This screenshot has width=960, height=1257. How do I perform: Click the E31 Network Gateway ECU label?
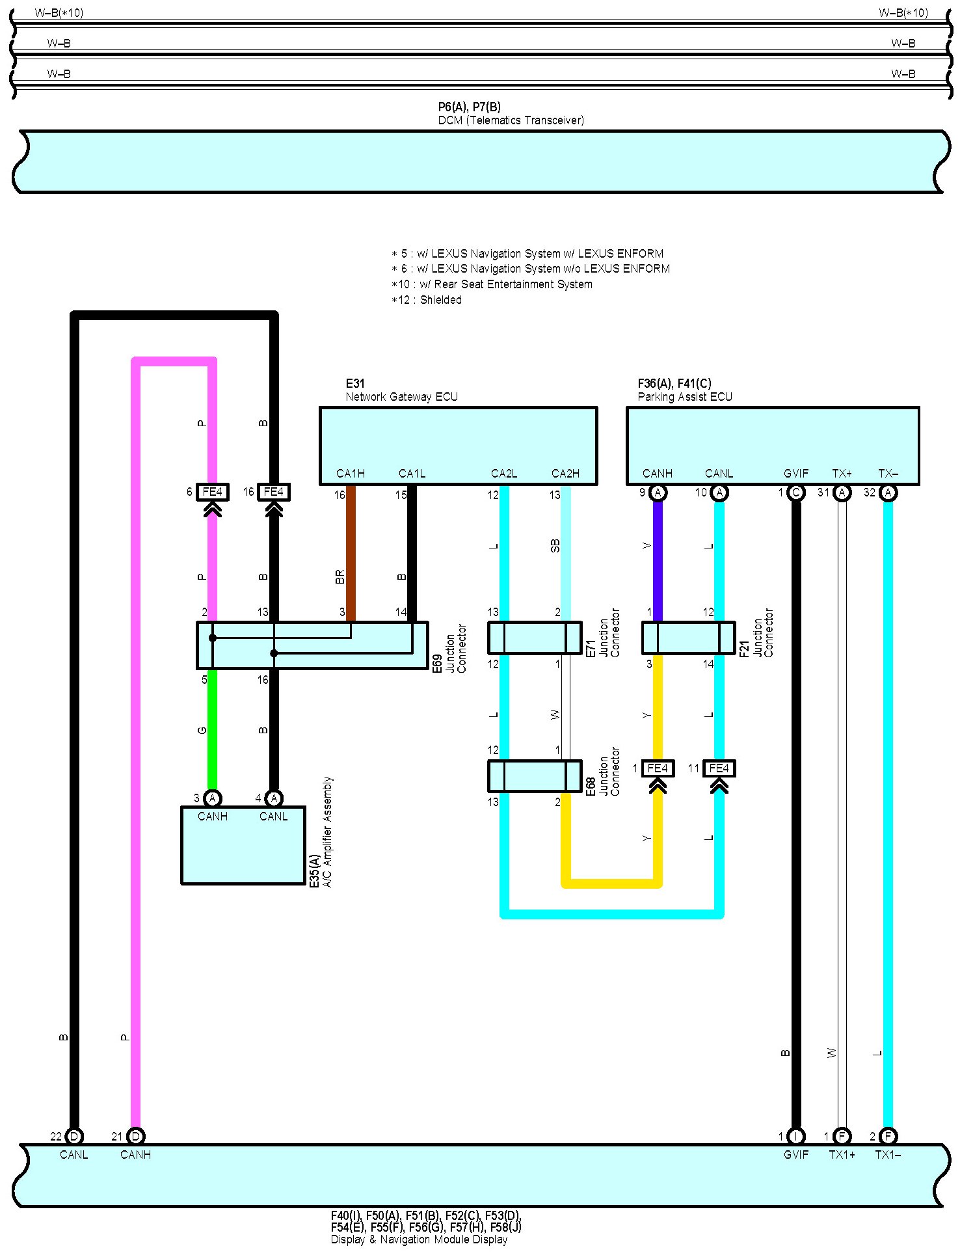[x=401, y=390]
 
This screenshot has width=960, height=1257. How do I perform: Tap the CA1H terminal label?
[x=350, y=473]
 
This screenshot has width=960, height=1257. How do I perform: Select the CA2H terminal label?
[x=565, y=473]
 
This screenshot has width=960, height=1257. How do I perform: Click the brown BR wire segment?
[x=351, y=553]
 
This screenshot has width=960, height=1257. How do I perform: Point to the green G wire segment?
[x=212, y=729]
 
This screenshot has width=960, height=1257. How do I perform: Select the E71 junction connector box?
[x=535, y=638]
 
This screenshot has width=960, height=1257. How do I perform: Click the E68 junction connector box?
[x=535, y=776]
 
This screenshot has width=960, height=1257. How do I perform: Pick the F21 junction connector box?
[x=688, y=638]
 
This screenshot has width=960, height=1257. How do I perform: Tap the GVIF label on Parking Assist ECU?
[x=796, y=473]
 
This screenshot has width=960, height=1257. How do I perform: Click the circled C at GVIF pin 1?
[x=796, y=493]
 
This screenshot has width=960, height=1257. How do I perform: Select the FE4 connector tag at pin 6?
[x=212, y=492]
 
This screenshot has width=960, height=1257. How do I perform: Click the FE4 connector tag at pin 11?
[x=719, y=768]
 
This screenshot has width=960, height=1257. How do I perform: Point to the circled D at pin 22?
[x=74, y=1136]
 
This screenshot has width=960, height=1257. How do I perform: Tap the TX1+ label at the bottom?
[x=842, y=1154]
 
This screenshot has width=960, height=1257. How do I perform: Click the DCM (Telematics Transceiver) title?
[x=511, y=120]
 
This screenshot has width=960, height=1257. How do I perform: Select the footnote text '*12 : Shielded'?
[x=427, y=300]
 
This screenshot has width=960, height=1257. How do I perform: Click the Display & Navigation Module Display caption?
[x=419, y=1239]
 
